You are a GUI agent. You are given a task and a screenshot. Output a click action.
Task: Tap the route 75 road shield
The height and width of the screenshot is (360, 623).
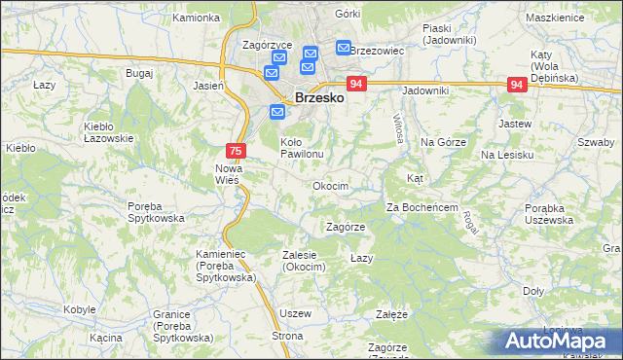coord(236,151)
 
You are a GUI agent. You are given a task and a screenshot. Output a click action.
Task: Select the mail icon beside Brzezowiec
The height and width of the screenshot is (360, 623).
coord(344,47)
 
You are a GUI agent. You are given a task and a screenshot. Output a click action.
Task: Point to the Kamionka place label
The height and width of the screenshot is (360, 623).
coord(196,18)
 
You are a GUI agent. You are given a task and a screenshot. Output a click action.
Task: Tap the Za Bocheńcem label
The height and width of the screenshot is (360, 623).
coord(421,207)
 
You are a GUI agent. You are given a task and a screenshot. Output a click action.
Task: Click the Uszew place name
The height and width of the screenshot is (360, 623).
coord(294,313)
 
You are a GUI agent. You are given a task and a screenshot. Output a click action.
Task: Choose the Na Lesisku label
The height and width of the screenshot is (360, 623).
coord(507,155)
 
